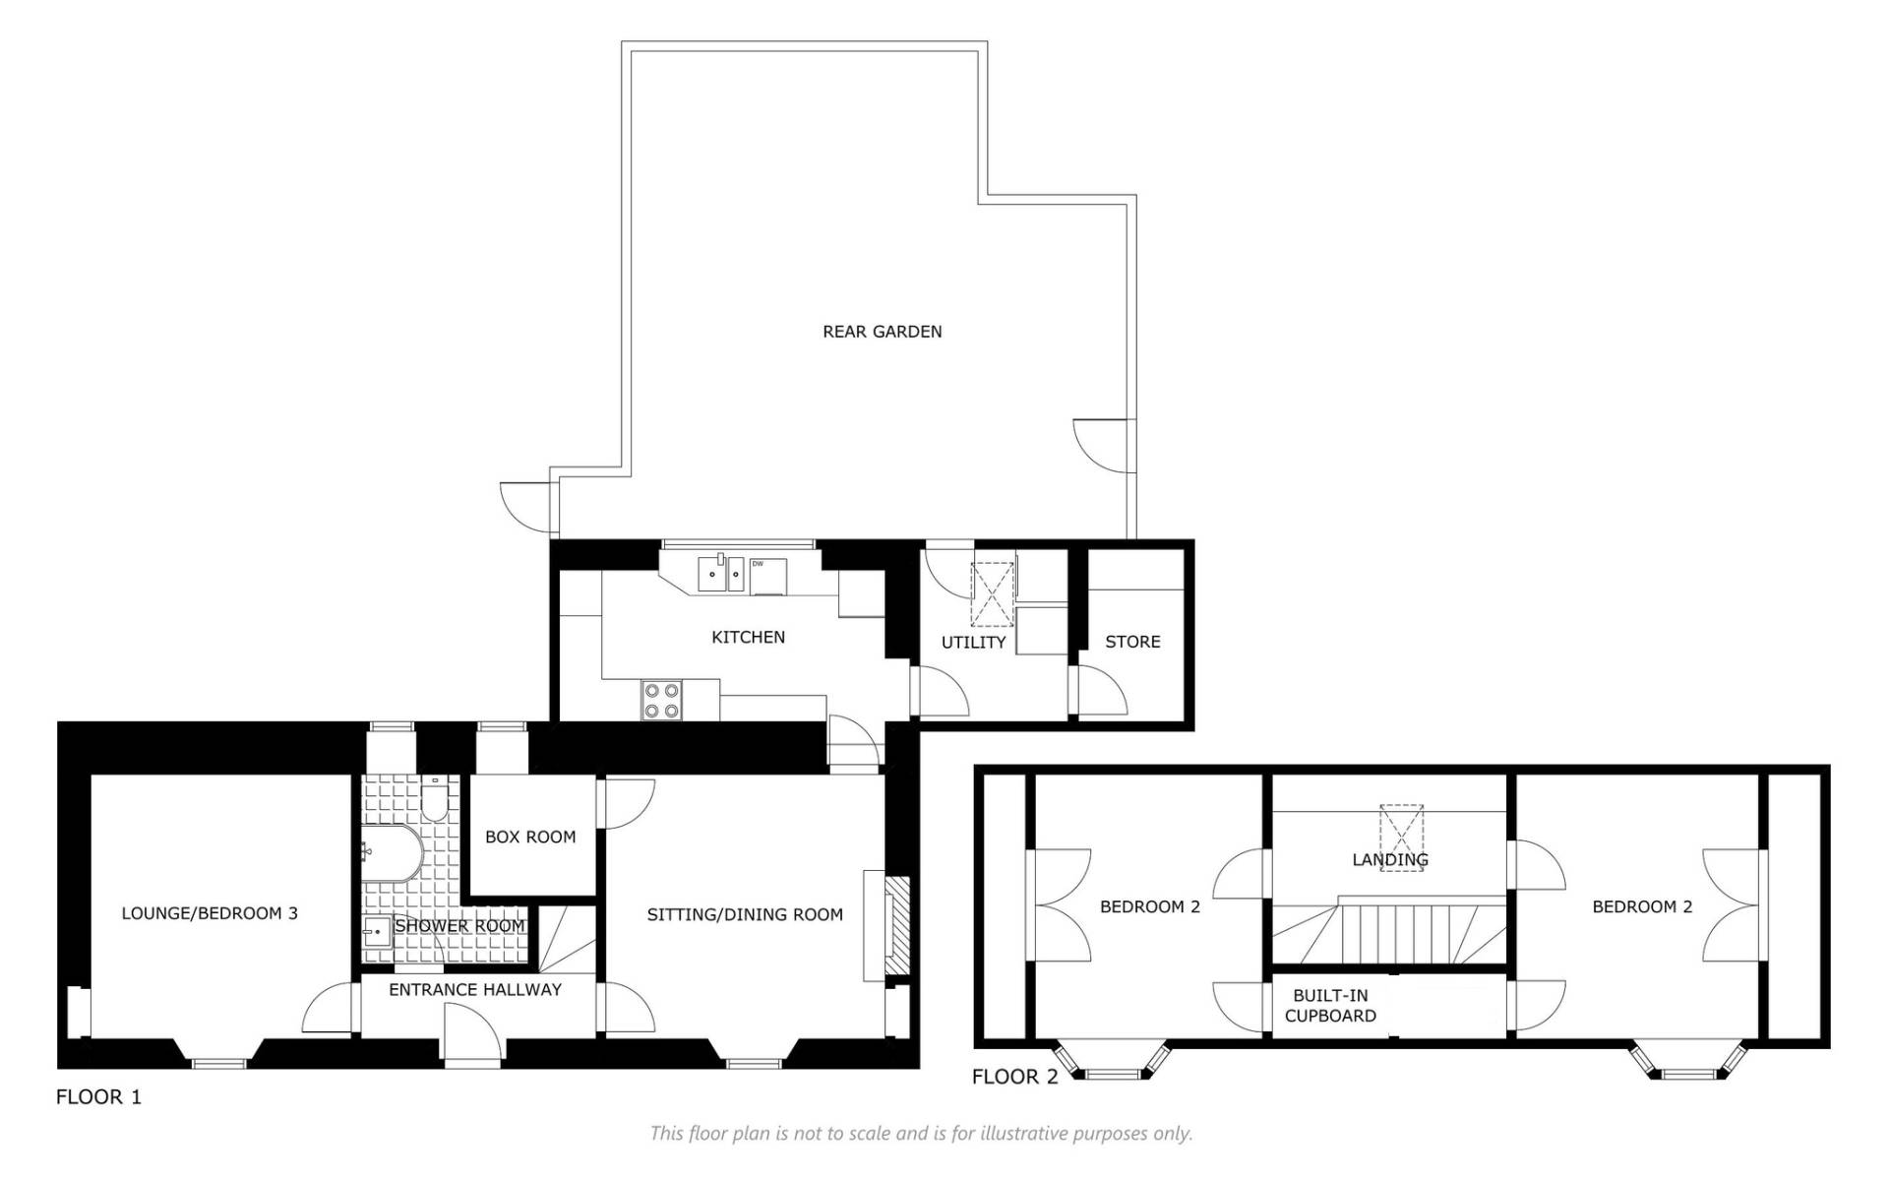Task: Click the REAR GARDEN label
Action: pos(882,332)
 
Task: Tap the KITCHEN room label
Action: pos(748,637)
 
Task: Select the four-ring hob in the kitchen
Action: pos(660,700)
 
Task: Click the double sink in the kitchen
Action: pos(721,574)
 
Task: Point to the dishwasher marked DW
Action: pos(768,576)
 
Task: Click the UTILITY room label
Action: pos(973,643)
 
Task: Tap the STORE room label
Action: pos(1132,642)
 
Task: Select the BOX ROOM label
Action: pos(530,837)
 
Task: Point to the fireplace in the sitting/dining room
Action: pos(896,925)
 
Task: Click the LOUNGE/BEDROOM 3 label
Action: pos(210,913)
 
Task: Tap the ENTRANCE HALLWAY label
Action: pos(475,989)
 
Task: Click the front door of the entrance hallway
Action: pos(473,1034)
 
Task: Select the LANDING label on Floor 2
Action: pos(1390,859)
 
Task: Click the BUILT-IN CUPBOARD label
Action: pos(1330,1005)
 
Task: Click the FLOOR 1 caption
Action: pos(98,1096)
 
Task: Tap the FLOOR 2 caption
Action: pos(1014,1077)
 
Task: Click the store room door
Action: pos(1101,691)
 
